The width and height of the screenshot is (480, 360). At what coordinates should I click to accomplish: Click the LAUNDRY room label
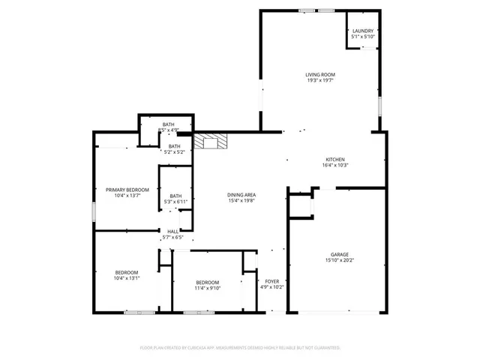pos(363,31)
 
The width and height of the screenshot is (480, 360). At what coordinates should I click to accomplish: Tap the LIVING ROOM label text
pos(319,75)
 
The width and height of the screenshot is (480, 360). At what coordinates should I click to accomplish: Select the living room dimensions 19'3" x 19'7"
pos(319,81)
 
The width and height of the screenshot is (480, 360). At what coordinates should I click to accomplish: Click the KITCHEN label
pos(334,159)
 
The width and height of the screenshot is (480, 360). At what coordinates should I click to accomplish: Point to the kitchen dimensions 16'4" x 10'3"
pos(334,166)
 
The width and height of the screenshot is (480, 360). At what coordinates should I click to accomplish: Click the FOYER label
pos(272,280)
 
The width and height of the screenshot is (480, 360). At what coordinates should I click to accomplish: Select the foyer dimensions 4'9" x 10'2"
pos(272,287)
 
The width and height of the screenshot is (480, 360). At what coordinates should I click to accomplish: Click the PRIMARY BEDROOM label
pos(127,190)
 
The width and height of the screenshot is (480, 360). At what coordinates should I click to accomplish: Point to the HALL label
pos(172,232)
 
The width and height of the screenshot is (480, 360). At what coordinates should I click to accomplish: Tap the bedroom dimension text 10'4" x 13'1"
pos(126,278)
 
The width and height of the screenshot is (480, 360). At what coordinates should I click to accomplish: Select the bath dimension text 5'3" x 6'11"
pos(175,202)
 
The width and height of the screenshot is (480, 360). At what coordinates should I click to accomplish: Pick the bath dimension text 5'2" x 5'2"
pos(174,152)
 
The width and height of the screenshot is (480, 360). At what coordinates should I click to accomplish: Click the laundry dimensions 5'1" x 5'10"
pos(363,37)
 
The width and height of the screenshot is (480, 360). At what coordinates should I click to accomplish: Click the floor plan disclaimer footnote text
pos(240,348)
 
